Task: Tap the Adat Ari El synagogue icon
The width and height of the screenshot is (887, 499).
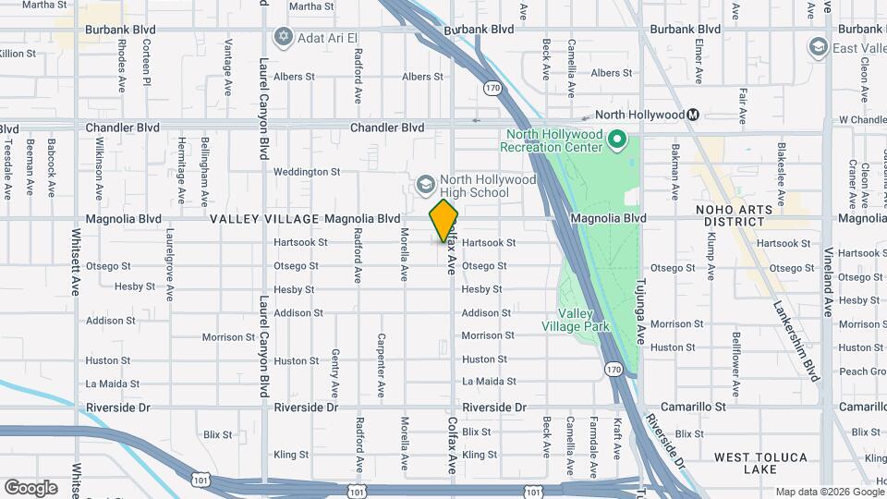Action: pyautogui.click(x=283, y=37)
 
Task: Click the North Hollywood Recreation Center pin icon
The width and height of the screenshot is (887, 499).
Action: pyautogui.click(x=618, y=140)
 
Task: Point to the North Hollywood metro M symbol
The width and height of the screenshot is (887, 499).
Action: pyautogui.click(x=693, y=115)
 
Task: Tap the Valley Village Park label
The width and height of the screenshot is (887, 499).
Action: pyautogui.click(x=570, y=320)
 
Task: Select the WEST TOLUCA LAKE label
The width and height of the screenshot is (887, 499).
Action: pyautogui.click(x=760, y=464)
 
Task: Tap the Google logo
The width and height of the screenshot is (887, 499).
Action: pyautogui.click(x=30, y=487)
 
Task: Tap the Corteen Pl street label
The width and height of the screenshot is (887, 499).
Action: pyautogui.click(x=146, y=67)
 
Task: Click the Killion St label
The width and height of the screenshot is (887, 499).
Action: pyautogui.click(x=18, y=54)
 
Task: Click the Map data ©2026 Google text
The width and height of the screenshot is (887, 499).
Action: pyautogui.click(x=828, y=492)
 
